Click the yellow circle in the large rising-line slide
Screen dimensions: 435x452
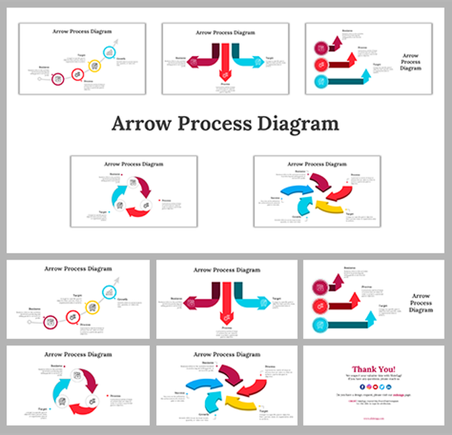(89, 307)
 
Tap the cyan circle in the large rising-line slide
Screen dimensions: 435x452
(107, 291)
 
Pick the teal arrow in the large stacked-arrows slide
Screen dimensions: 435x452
(351, 324)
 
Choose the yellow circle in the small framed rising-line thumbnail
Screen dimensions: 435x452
(94, 66)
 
